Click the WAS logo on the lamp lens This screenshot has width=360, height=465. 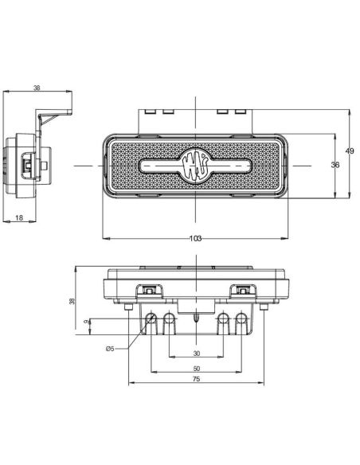[195, 165]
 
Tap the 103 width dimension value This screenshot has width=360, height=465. [195, 238]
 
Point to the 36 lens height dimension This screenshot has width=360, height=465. [335, 165]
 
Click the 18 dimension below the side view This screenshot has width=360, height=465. [18, 217]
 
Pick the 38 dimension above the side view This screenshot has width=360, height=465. [37, 88]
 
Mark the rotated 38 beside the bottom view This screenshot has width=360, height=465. [72, 301]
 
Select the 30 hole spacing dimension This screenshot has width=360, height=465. [195, 354]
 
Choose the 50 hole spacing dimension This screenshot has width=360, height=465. [195, 369]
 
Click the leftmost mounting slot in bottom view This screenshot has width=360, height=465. [151, 321]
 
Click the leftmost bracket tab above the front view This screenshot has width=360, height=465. [149, 111]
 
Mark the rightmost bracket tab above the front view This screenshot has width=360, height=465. [242, 111]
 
